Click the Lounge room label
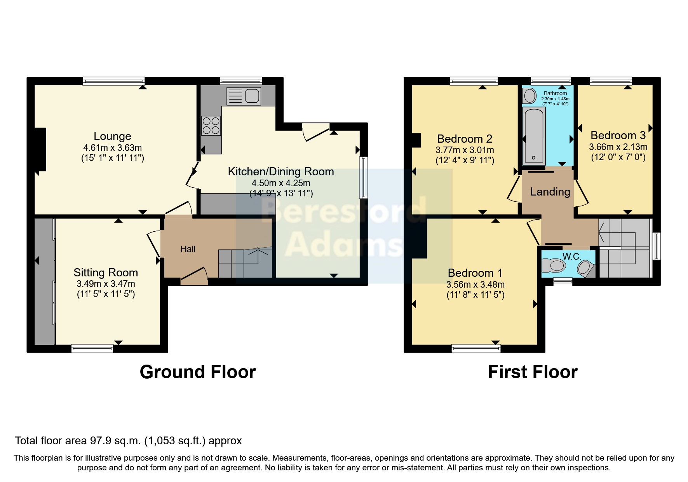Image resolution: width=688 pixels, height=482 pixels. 112,136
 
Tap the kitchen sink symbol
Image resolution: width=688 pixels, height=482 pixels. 244,96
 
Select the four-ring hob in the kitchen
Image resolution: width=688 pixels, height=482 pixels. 211,126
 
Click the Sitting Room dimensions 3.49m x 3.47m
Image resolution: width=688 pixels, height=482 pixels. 106,284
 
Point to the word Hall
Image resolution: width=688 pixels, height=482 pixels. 188,249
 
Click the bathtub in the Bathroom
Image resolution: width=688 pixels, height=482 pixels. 534,136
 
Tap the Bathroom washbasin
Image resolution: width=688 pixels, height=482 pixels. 529,96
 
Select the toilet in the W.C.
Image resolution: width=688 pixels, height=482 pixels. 553,266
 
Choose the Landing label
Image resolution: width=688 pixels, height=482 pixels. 550,192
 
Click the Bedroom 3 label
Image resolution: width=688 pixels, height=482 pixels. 618,135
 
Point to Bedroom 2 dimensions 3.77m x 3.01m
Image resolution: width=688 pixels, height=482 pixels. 465,150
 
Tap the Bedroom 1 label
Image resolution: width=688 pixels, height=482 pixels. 475,273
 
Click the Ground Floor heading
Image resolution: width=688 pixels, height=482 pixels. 198,372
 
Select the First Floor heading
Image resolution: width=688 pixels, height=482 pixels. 533,372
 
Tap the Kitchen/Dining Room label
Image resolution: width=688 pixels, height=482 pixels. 280,171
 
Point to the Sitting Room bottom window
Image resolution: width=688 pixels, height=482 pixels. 92,348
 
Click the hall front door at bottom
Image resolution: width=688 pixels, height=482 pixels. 194,276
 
